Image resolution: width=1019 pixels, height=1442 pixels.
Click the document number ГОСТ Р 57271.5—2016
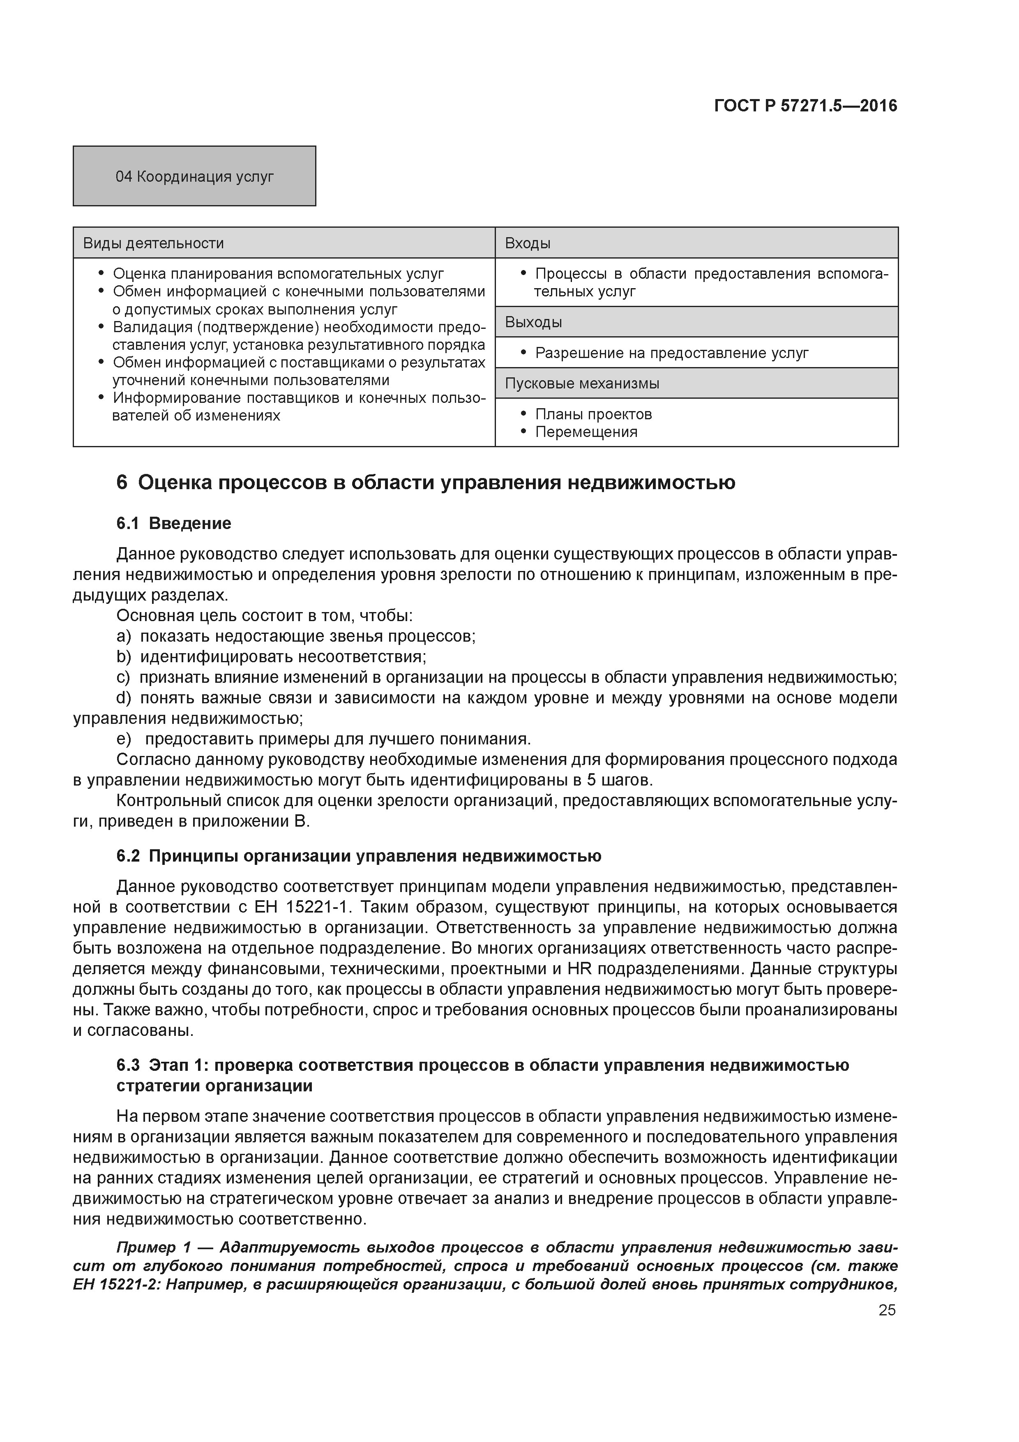(805, 106)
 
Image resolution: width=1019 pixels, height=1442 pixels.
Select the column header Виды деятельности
(154, 243)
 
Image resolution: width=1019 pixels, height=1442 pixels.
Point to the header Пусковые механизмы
(582, 383)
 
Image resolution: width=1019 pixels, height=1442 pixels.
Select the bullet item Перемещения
(586, 432)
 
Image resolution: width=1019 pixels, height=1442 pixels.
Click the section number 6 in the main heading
(122, 483)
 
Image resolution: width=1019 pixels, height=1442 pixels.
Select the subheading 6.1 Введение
(174, 523)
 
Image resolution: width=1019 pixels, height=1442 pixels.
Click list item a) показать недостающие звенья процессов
(296, 636)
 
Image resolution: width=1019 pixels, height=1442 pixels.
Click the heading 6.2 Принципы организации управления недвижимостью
(359, 856)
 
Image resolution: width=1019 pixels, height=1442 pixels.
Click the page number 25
(887, 1310)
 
